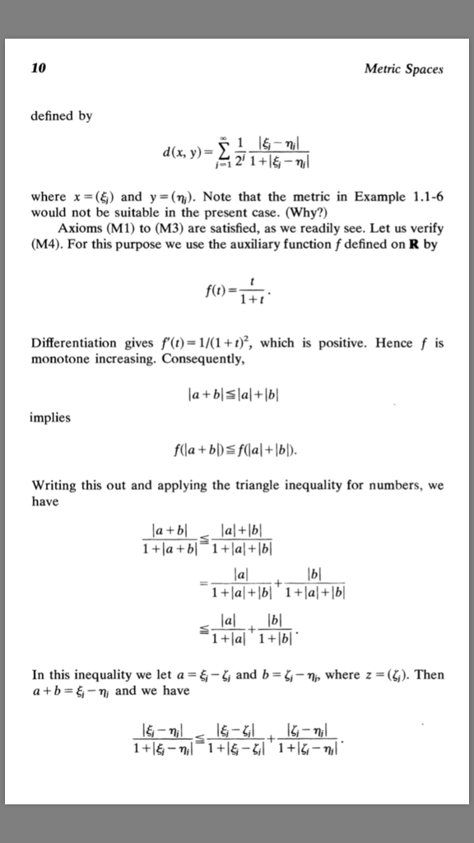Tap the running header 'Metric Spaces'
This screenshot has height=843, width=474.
point(403,69)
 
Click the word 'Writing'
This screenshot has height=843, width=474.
point(53,486)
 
